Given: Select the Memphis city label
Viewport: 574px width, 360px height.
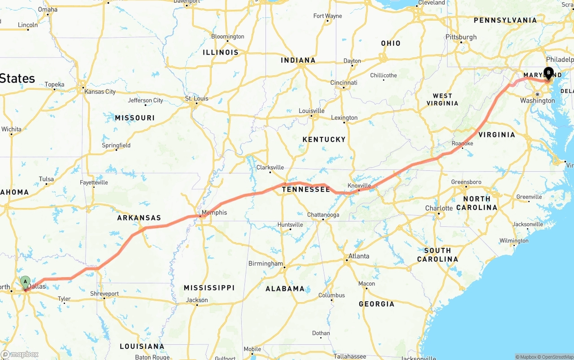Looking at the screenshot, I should pyautogui.click(x=214, y=213).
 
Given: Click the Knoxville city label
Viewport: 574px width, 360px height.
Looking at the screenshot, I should pyautogui.click(x=359, y=186).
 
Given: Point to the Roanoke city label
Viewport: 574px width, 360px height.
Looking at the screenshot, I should pyautogui.click(x=462, y=143).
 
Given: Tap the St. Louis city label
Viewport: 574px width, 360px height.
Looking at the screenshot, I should pyautogui.click(x=197, y=99).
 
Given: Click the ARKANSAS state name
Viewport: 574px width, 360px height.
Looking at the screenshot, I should pyautogui.click(x=139, y=218).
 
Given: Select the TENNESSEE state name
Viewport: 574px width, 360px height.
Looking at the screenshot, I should pyautogui.click(x=306, y=190).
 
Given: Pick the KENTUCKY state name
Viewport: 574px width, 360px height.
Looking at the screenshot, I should pyautogui.click(x=324, y=139).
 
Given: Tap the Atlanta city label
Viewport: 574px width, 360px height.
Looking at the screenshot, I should pyautogui.click(x=359, y=256).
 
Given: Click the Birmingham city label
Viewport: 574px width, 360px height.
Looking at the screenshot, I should pyautogui.click(x=265, y=264).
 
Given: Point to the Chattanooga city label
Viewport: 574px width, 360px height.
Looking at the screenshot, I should pyautogui.click(x=323, y=215).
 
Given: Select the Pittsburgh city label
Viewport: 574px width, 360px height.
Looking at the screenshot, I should pyautogui.click(x=461, y=37).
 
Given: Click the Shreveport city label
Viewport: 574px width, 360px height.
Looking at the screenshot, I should pyautogui.click(x=104, y=294).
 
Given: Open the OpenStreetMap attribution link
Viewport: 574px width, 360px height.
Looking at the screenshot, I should pyautogui.click(x=556, y=357).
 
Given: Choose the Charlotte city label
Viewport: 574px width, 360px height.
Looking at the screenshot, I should pyautogui.click(x=439, y=208).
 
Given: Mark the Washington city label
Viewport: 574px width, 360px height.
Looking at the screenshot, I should pyautogui.click(x=537, y=100).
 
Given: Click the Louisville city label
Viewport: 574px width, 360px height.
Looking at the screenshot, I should pyautogui.click(x=311, y=111).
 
